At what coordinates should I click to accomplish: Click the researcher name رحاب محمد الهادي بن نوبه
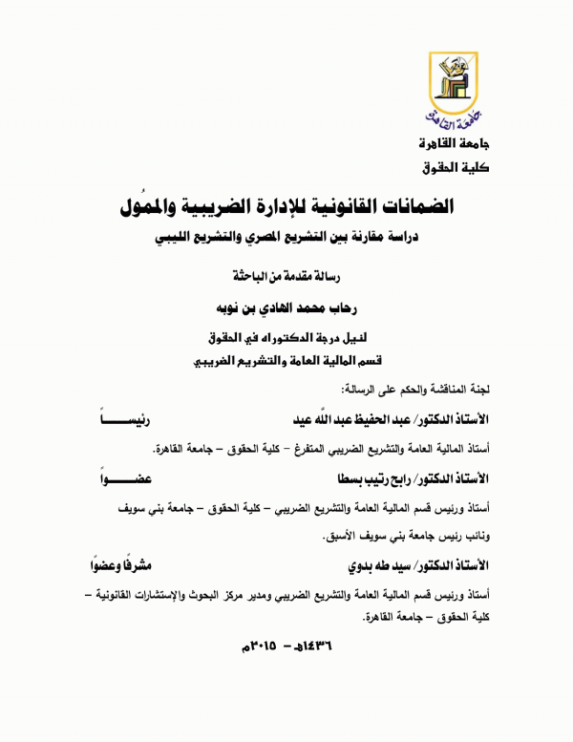[x=285, y=310]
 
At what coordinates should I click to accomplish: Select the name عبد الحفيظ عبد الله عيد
[x=334, y=420]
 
